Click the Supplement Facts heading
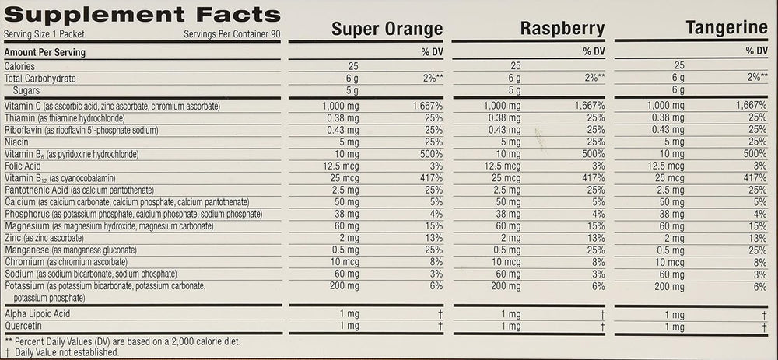[x=142, y=15]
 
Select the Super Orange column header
[x=387, y=30]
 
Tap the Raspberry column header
[x=562, y=30]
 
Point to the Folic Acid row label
[x=23, y=166]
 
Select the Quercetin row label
[x=22, y=326]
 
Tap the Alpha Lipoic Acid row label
[x=37, y=313]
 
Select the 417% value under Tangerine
[x=755, y=178]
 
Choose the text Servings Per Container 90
[x=232, y=35]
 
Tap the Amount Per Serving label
[x=45, y=52]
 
